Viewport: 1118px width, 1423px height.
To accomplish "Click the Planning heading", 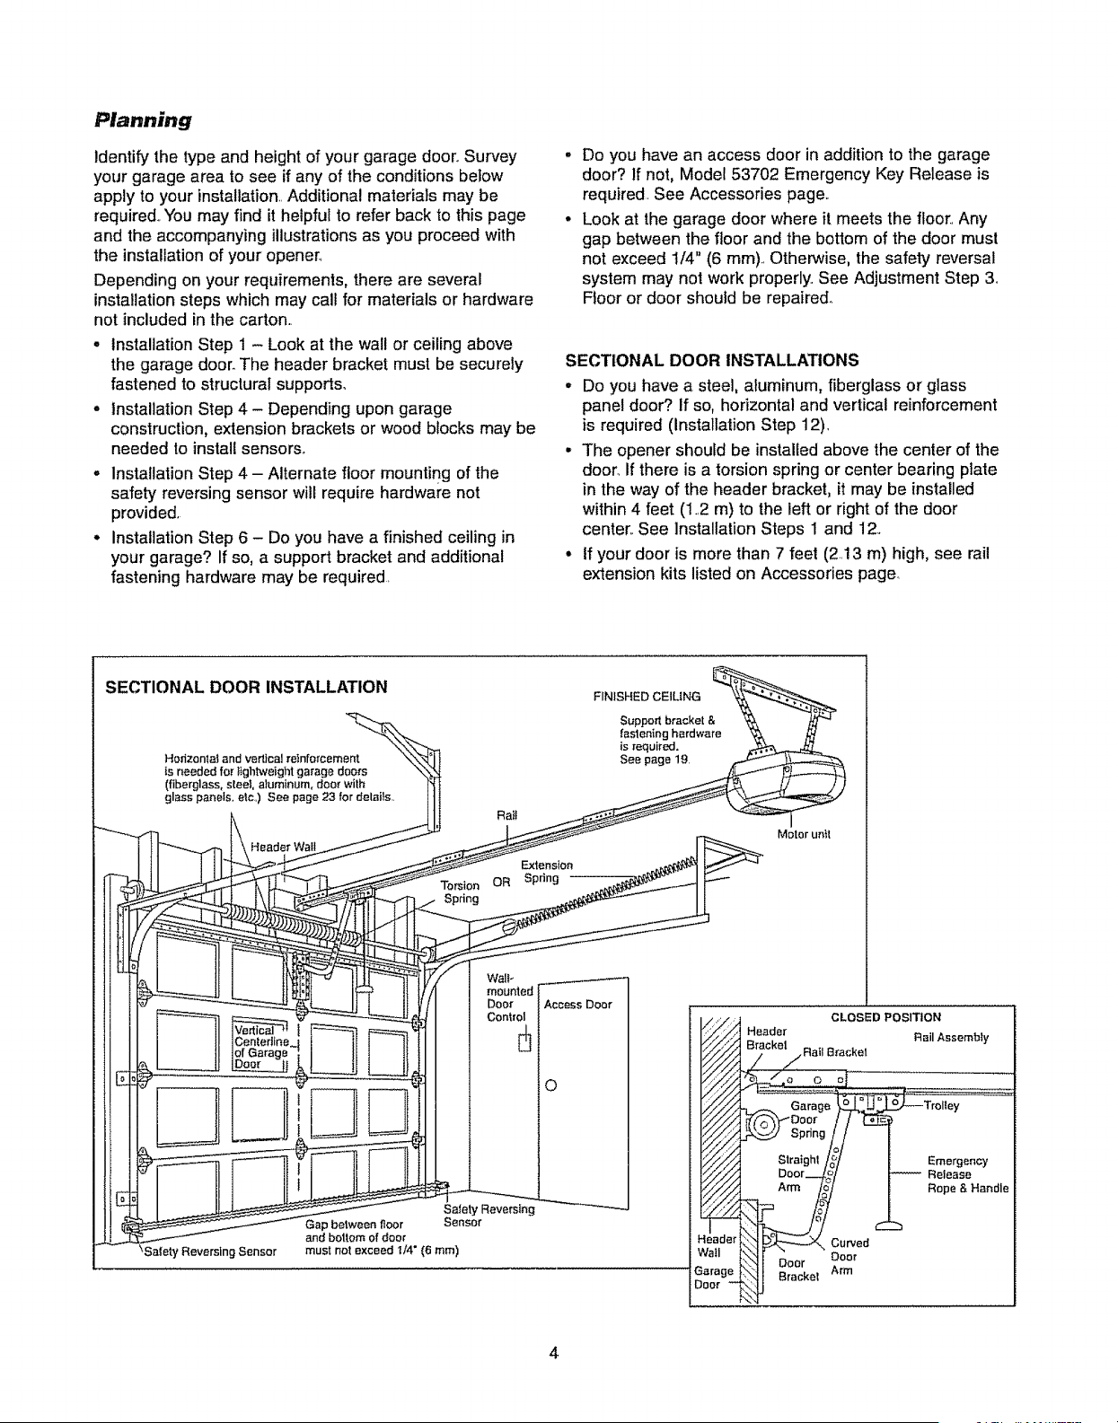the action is [143, 120].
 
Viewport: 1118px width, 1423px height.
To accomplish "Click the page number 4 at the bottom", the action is [553, 1352].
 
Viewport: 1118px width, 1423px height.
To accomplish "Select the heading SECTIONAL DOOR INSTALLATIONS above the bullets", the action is [712, 360].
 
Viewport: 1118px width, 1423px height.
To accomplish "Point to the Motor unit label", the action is [804, 834].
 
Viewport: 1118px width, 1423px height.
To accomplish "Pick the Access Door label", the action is [577, 1005].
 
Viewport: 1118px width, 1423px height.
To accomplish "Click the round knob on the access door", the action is [550, 1085].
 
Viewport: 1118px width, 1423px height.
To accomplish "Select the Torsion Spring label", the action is [461, 892].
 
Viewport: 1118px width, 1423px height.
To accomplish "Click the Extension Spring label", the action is [546, 872].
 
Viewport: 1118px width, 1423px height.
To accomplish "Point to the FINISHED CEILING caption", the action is [647, 696].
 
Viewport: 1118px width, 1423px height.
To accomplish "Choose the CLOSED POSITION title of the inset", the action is [885, 1017].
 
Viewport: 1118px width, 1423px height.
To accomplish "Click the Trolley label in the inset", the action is [941, 1106].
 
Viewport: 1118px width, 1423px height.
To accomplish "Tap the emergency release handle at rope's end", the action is [888, 1225].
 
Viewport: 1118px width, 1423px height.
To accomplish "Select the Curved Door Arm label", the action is [850, 1257].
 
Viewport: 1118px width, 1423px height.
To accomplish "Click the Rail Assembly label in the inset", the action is [951, 1037].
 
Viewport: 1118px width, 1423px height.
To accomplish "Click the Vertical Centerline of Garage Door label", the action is [261, 1047].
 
